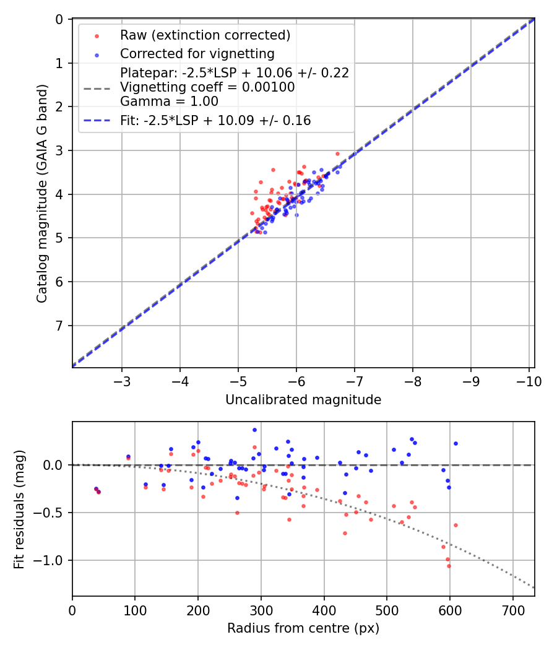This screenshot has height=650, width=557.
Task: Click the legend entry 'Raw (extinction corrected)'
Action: [205, 35]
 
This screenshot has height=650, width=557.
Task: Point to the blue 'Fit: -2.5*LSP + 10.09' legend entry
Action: [215, 121]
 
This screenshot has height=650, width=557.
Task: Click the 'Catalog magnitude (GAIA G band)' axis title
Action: [42, 194]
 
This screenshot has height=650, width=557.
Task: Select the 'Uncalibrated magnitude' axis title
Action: [303, 400]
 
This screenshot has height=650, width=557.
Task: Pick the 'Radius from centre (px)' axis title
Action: [303, 628]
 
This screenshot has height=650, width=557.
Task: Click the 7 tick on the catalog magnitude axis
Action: [59, 326]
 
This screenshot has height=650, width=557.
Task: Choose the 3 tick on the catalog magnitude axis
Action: [59, 150]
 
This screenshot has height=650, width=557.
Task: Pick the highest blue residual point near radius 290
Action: [254, 430]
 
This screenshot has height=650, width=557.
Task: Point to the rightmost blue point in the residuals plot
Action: [456, 443]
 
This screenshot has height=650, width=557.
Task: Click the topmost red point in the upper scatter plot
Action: [337, 154]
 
